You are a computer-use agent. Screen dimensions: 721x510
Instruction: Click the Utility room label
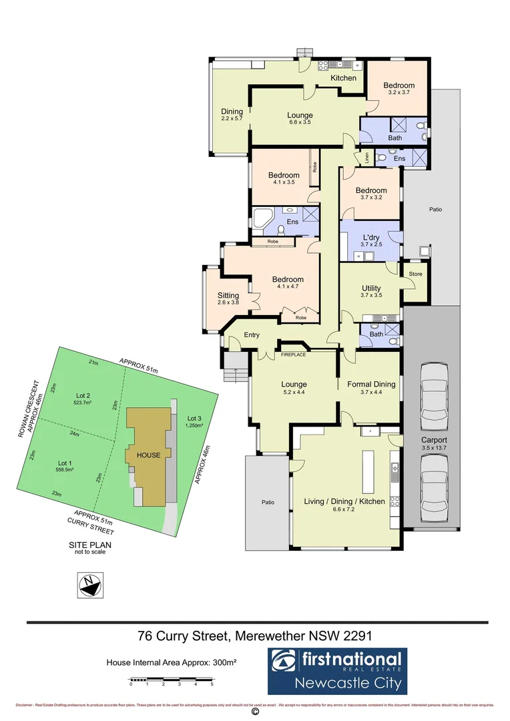(371, 288)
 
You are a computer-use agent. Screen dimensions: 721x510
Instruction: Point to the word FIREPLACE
(293, 354)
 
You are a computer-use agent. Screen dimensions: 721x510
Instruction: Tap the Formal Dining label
(371, 384)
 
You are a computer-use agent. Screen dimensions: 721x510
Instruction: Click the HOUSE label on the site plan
(149, 455)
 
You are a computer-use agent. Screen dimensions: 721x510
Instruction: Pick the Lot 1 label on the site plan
(64, 463)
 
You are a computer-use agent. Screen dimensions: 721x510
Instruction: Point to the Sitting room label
(228, 295)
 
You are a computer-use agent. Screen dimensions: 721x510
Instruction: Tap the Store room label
(415, 274)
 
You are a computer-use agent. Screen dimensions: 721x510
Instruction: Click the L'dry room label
(371, 238)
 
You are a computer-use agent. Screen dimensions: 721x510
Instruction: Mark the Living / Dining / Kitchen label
(344, 501)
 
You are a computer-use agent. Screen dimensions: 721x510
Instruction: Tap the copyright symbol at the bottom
(254, 712)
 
